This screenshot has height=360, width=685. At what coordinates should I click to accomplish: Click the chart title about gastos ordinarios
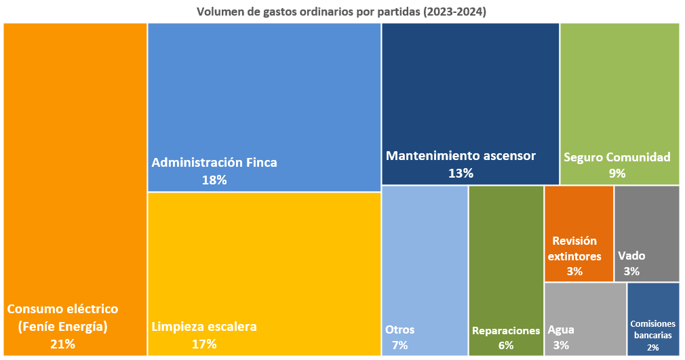(x=342, y=12)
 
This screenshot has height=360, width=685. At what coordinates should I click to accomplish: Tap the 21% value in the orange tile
(x=62, y=344)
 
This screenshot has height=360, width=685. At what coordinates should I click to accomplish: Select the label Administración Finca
(x=214, y=163)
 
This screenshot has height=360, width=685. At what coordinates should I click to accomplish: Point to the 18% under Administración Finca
(x=214, y=180)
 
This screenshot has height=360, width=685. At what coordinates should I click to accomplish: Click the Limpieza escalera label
(x=204, y=327)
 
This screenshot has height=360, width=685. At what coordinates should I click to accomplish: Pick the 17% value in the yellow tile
(x=204, y=344)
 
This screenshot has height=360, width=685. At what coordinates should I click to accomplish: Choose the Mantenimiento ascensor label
(x=461, y=156)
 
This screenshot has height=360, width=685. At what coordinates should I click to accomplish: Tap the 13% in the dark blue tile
(x=461, y=174)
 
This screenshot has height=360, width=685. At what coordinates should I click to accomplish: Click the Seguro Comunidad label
(x=616, y=157)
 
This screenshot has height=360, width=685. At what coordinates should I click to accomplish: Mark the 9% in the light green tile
(x=616, y=174)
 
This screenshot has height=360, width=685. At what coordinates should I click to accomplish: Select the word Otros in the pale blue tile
(x=399, y=330)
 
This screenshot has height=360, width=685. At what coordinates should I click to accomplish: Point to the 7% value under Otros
(x=399, y=345)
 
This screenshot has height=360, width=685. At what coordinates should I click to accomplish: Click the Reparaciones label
(x=506, y=331)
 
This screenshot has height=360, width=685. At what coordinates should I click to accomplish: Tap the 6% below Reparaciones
(x=506, y=345)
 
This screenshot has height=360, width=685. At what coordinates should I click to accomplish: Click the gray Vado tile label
(x=631, y=256)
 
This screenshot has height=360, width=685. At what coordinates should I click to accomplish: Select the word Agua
(x=561, y=330)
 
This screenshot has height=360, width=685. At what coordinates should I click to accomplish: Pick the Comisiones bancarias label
(x=652, y=329)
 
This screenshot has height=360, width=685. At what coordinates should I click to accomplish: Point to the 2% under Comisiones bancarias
(x=652, y=347)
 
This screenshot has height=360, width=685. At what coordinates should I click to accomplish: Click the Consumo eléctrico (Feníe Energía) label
(x=62, y=317)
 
